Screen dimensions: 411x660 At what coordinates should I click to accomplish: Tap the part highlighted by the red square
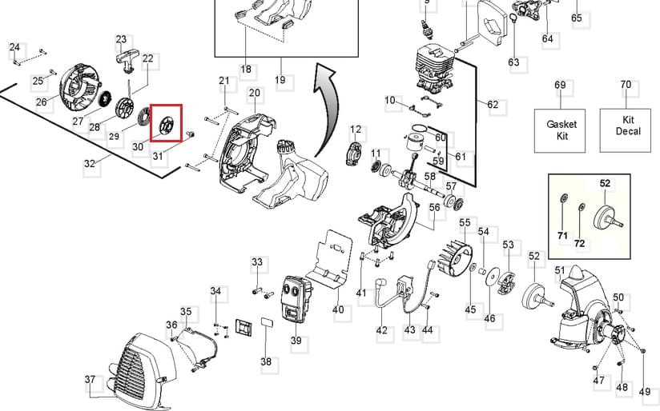(x=167, y=124)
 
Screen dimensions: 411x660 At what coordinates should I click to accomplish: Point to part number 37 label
(x=90, y=379)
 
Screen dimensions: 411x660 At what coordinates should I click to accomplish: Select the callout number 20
(x=255, y=94)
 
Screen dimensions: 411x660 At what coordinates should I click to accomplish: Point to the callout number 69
(x=560, y=85)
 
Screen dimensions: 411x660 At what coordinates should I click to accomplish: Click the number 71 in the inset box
(x=562, y=235)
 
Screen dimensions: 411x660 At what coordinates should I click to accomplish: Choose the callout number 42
(x=381, y=330)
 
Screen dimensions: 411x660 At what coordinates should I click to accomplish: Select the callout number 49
(x=645, y=391)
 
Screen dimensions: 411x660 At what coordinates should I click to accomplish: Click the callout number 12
(x=356, y=129)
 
